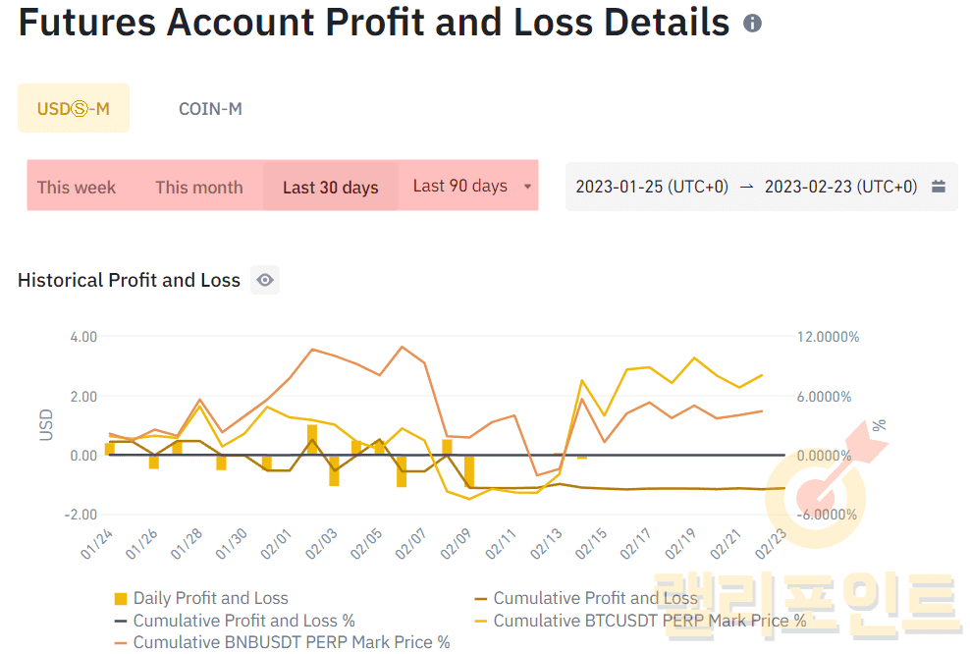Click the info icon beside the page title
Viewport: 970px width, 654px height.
coord(753,23)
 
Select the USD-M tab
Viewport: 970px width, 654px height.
coord(74,108)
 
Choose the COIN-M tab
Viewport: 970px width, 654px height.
coord(210,108)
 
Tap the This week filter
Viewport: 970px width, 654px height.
coord(77,187)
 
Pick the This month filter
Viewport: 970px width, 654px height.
coord(199,187)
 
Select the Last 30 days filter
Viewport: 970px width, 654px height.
coord(331,187)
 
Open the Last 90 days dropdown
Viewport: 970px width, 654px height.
coord(472,186)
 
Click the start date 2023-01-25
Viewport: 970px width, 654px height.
coord(652,187)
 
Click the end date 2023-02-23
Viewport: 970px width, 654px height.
coord(840,187)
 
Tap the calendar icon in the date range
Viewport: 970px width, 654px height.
coord(939,187)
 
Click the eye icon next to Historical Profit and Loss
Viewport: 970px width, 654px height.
coord(264,280)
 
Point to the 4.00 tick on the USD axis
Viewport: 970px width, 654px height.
coord(83,336)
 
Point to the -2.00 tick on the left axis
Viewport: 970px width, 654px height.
coord(81,515)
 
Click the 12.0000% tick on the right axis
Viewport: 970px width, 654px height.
coord(827,337)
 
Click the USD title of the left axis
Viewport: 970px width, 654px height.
coord(46,424)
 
